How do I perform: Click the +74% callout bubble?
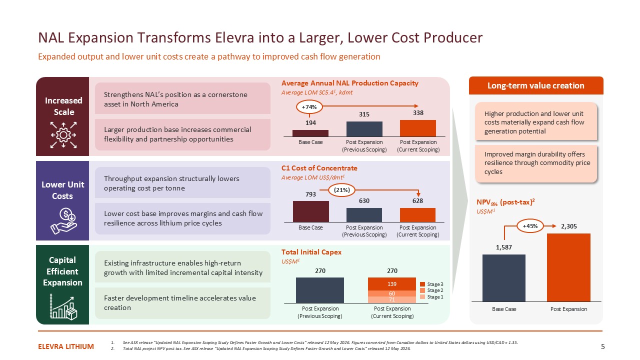click(309, 107)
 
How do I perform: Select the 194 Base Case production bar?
click(310, 133)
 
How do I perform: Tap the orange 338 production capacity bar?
click(417, 128)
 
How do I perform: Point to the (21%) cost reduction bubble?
click(341, 190)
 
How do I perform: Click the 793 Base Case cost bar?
click(310, 211)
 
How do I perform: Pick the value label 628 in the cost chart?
click(417, 201)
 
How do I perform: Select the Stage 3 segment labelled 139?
click(391, 284)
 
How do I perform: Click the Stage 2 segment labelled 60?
click(391, 293)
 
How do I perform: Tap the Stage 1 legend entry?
click(431, 297)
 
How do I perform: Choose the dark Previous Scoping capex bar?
click(319, 290)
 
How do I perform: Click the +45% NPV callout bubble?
click(530, 226)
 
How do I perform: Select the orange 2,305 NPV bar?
click(568, 267)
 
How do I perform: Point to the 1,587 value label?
click(503, 247)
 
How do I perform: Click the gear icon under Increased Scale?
click(63, 135)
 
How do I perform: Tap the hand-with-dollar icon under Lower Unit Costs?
click(63, 221)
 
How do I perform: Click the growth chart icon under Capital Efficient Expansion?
click(63, 306)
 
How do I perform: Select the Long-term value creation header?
click(536, 85)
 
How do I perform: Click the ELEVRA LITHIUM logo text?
click(65, 346)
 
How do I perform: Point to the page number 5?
click(603, 346)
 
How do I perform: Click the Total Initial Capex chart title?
click(311, 252)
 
